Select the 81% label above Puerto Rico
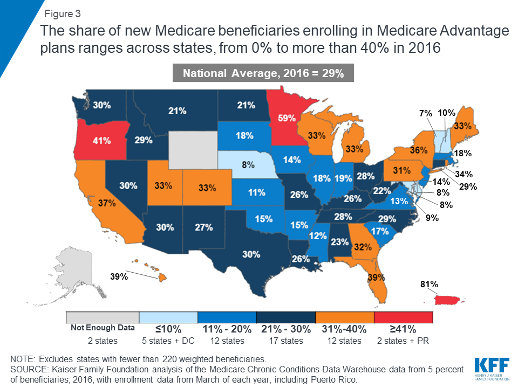pos(430,284)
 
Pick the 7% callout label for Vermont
pos(426,114)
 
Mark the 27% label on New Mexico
pos(203,227)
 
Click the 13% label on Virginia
pos(399,202)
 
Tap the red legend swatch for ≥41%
pos(403,317)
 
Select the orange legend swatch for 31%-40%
pos(344,317)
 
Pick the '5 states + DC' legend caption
pos(168,341)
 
